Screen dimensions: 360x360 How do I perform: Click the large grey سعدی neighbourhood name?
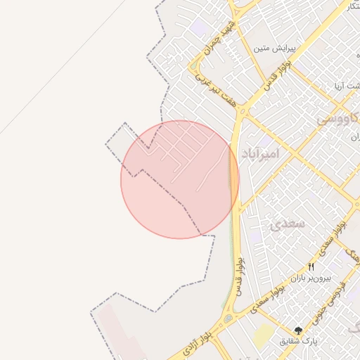click(x=286, y=224)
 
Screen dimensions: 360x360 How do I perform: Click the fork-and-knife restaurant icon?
click(x=311, y=266)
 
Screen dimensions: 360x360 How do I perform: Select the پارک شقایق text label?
click(x=299, y=341)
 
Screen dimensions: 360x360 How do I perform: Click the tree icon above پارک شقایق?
click(x=299, y=330)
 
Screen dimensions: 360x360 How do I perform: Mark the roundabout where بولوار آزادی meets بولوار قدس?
click(x=229, y=320)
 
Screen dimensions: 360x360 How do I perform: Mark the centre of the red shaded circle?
click(x=180, y=179)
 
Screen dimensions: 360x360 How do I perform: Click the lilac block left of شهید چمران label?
click(x=199, y=29)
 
